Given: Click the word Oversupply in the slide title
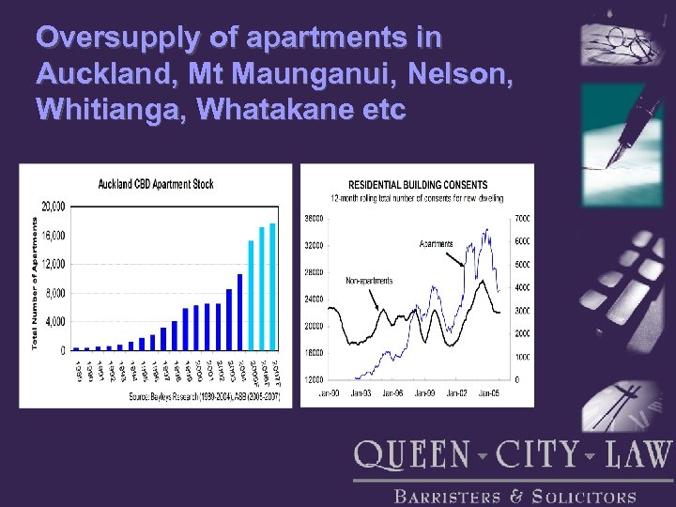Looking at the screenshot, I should coord(110,38).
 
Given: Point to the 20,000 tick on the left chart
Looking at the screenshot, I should coord(53,206).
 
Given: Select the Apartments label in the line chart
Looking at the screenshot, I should coord(436,244).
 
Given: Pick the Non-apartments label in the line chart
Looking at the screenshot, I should coord(369,281).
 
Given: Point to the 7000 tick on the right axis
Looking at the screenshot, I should coord(521,218).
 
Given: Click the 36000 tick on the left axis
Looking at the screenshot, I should coord(313,218).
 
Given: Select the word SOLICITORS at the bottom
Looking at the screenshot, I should coord(583,498).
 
